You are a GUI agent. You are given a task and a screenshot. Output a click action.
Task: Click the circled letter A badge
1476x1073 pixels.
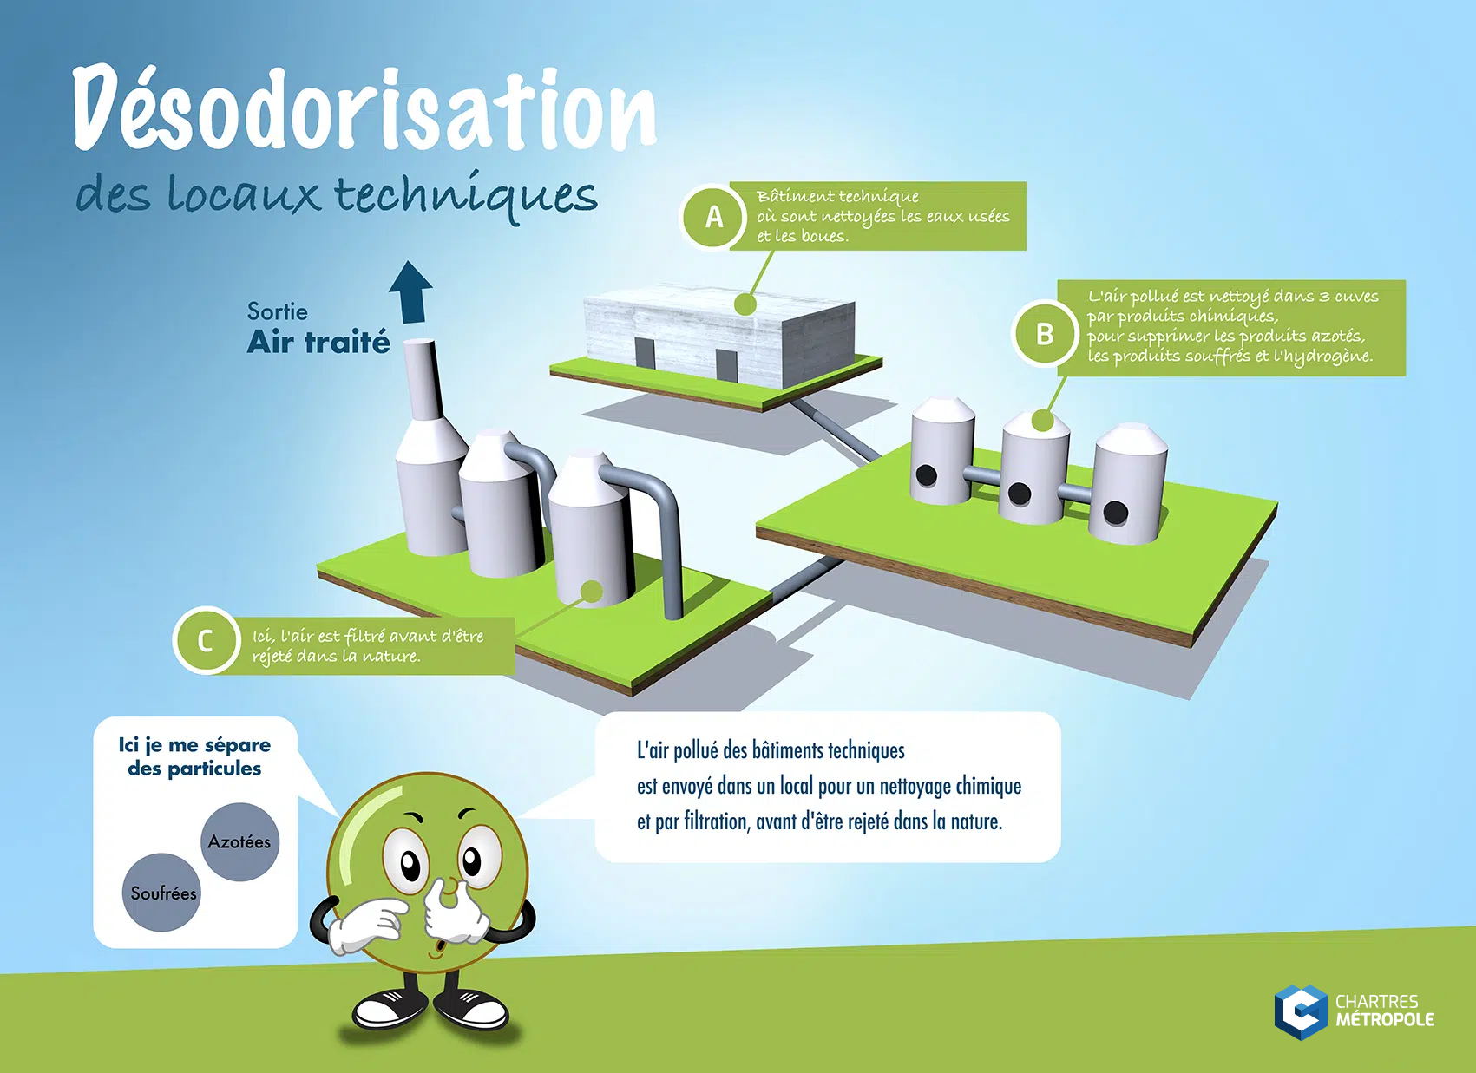(713, 217)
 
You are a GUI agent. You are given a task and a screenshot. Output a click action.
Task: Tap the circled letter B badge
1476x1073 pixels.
(1045, 334)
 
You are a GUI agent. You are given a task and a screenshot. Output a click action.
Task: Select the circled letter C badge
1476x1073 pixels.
(207, 640)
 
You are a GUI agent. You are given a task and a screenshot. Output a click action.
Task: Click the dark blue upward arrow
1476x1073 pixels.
(411, 291)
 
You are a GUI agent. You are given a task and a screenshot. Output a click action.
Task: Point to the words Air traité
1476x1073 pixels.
(318, 343)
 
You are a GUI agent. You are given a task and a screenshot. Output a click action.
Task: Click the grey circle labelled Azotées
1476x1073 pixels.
(239, 841)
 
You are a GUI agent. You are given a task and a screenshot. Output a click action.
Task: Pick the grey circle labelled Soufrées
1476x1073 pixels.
(161, 893)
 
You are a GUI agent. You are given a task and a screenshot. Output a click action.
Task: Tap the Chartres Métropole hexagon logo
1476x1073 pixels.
(1301, 1012)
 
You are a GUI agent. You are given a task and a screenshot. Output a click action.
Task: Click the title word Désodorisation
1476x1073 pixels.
(364, 108)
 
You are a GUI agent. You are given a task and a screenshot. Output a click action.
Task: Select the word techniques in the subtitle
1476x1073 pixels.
(466, 196)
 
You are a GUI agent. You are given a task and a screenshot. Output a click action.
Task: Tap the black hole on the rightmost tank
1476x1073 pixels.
(1116, 512)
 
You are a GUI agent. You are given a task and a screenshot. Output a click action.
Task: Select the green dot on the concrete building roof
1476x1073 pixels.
(745, 304)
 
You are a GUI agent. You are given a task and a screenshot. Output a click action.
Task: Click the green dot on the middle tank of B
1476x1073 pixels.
(1042, 420)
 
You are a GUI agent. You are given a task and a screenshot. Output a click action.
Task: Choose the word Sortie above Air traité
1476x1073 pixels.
(278, 311)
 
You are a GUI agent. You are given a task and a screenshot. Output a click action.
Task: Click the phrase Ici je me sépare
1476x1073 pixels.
(194, 745)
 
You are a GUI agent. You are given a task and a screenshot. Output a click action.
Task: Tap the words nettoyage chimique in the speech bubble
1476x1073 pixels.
(950, 786)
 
